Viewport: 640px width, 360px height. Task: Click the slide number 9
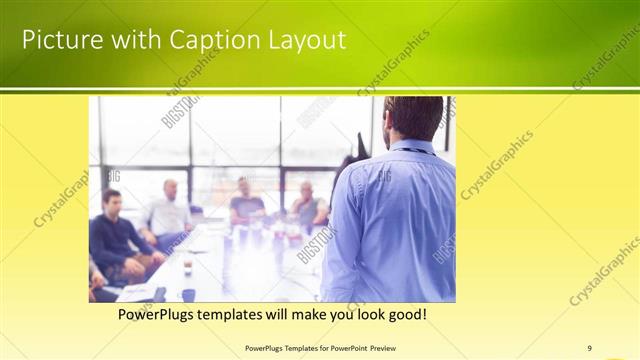coord(589,348)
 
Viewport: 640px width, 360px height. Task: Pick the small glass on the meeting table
coord(187,268)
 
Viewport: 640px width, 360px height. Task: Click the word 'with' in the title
coord(125,40)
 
